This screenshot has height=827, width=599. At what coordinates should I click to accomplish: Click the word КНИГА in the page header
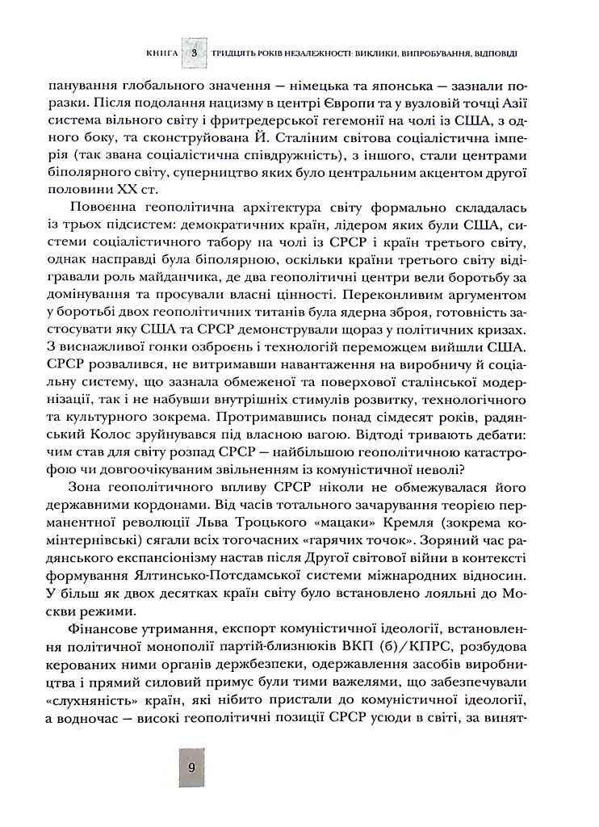click(165, 52)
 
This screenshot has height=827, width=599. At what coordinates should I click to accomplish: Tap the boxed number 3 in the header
click(195, 52)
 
